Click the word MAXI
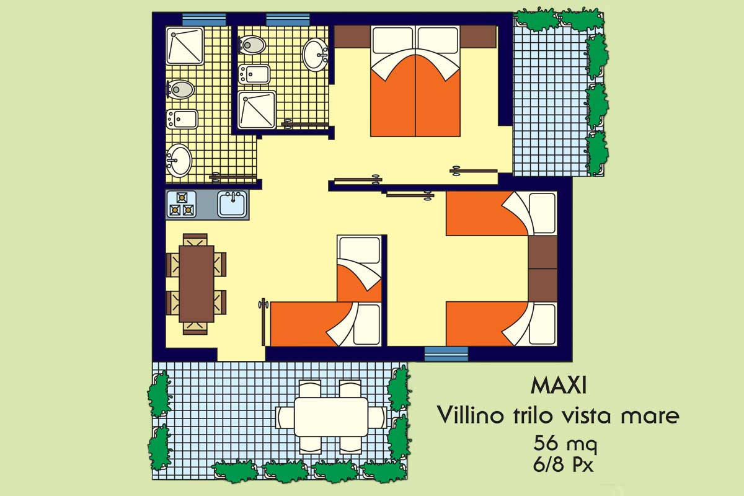click(x=559, y=386)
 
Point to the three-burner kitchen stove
click(x=181, y=204)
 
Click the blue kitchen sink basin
click(x=232, y=203)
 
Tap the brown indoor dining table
click(x=197, y=284)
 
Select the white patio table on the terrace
click(x=331, y=417)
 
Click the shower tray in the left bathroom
click(x=185, y=46)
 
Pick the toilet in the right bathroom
click(x=252, y=45)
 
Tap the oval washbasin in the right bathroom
click(x=315, y=55)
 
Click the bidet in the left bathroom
click(x=182, y=119)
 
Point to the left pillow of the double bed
click(x=392, y=40)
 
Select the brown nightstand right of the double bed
click(x=478, y=37)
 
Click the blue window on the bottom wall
click(x=446, y=354)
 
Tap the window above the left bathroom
click(x=204, y=20)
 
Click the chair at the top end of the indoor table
click(x=195, y=239)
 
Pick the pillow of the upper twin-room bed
click(x=542, y=213)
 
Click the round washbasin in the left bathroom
click(x=179, y=161)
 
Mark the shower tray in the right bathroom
click(x=257, y=110)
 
